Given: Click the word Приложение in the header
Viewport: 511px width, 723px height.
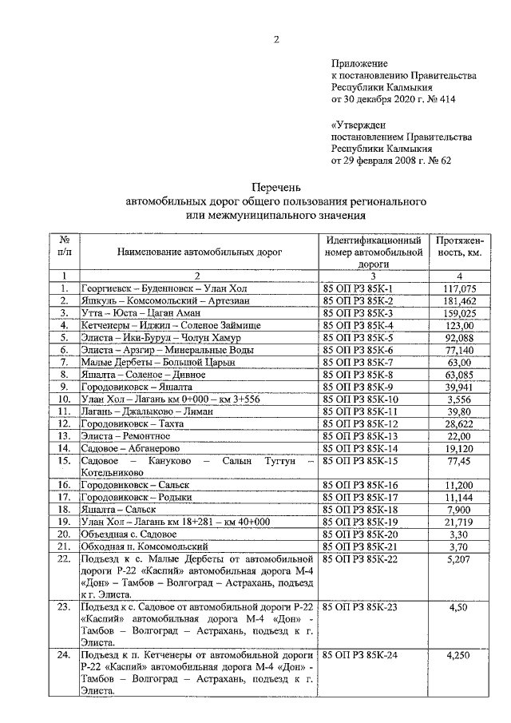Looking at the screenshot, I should point(359,63).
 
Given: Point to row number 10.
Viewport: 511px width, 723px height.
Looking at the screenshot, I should point(65,399).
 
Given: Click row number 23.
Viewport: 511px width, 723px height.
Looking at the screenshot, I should point(65,607).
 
